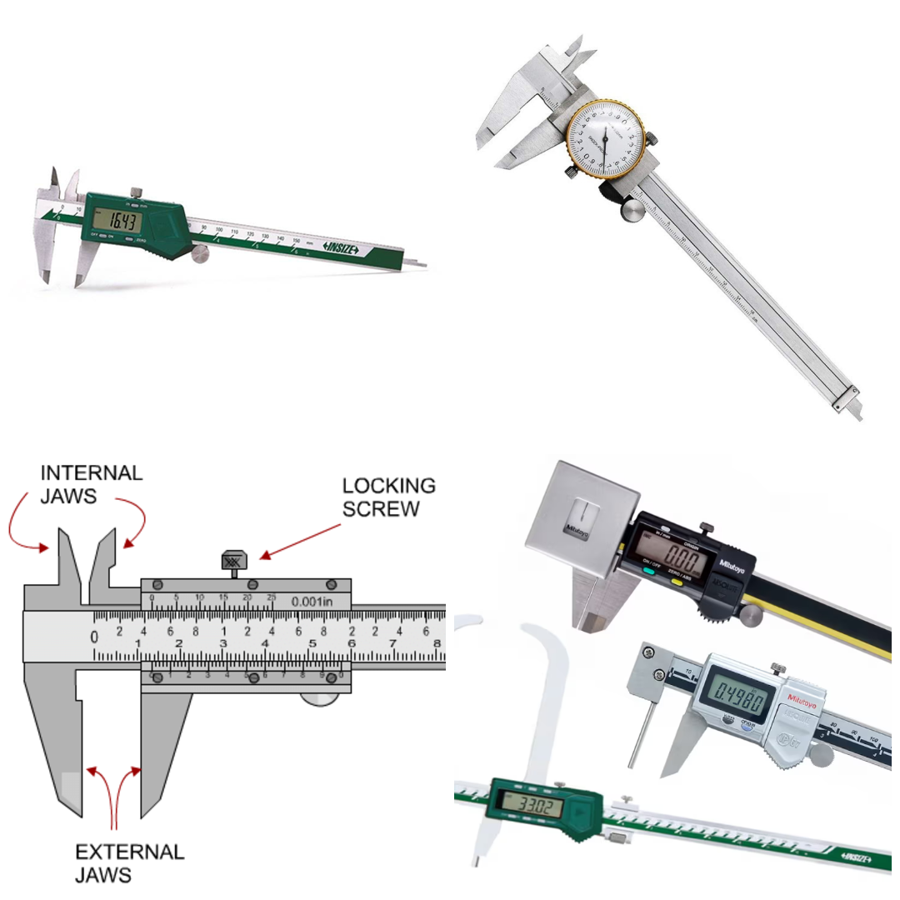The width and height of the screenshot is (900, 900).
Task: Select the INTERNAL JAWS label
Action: coord(92,484)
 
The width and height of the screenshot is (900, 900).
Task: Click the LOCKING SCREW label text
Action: coord(389,497)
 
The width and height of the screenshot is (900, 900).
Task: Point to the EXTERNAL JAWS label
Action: coord(129,863)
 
